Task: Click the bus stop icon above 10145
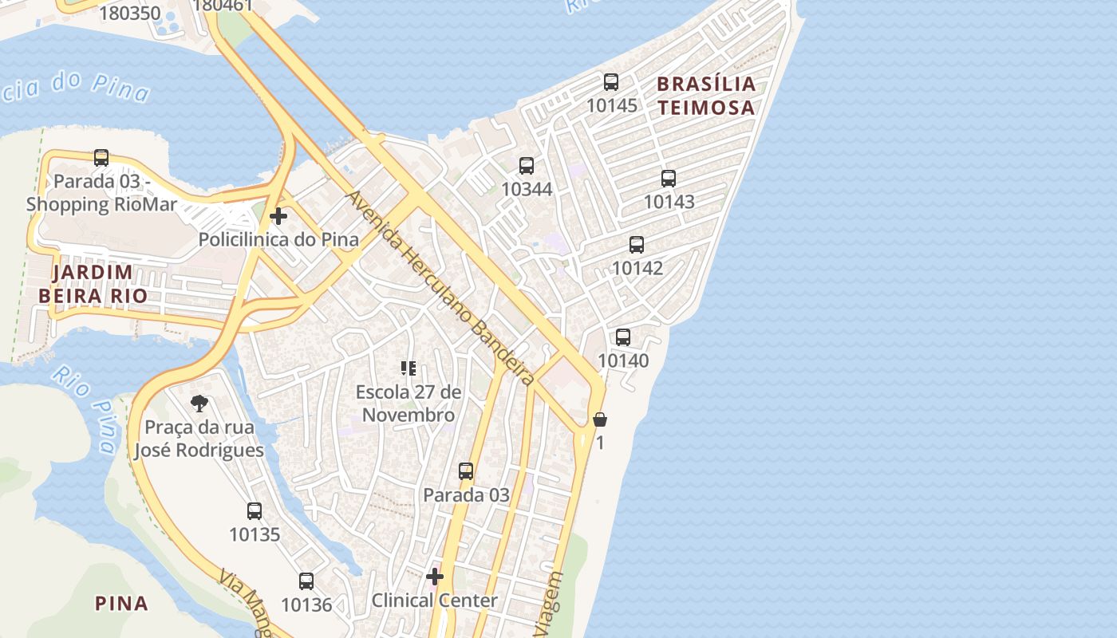coord(611,81)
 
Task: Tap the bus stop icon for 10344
coord(527,166)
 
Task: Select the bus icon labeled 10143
coord(669,179)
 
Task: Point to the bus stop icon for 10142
coord(637,245)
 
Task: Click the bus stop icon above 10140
coord(623,337)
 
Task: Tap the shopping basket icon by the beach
coord(600,419)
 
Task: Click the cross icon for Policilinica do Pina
coord(278,216)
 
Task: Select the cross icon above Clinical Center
coord(435,577)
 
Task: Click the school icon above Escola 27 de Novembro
coord(409,368)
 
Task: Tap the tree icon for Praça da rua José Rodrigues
coord(199,404)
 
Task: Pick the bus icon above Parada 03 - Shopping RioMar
coord(101,158)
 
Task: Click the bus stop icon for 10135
coord(255,511)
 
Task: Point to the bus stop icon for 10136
coord(306,581)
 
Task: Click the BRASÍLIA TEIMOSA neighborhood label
coord(706,96)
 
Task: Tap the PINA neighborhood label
coord(121,603)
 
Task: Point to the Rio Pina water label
coord(85,408)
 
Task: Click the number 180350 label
coord(130,13)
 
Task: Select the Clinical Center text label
coord(435,601)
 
